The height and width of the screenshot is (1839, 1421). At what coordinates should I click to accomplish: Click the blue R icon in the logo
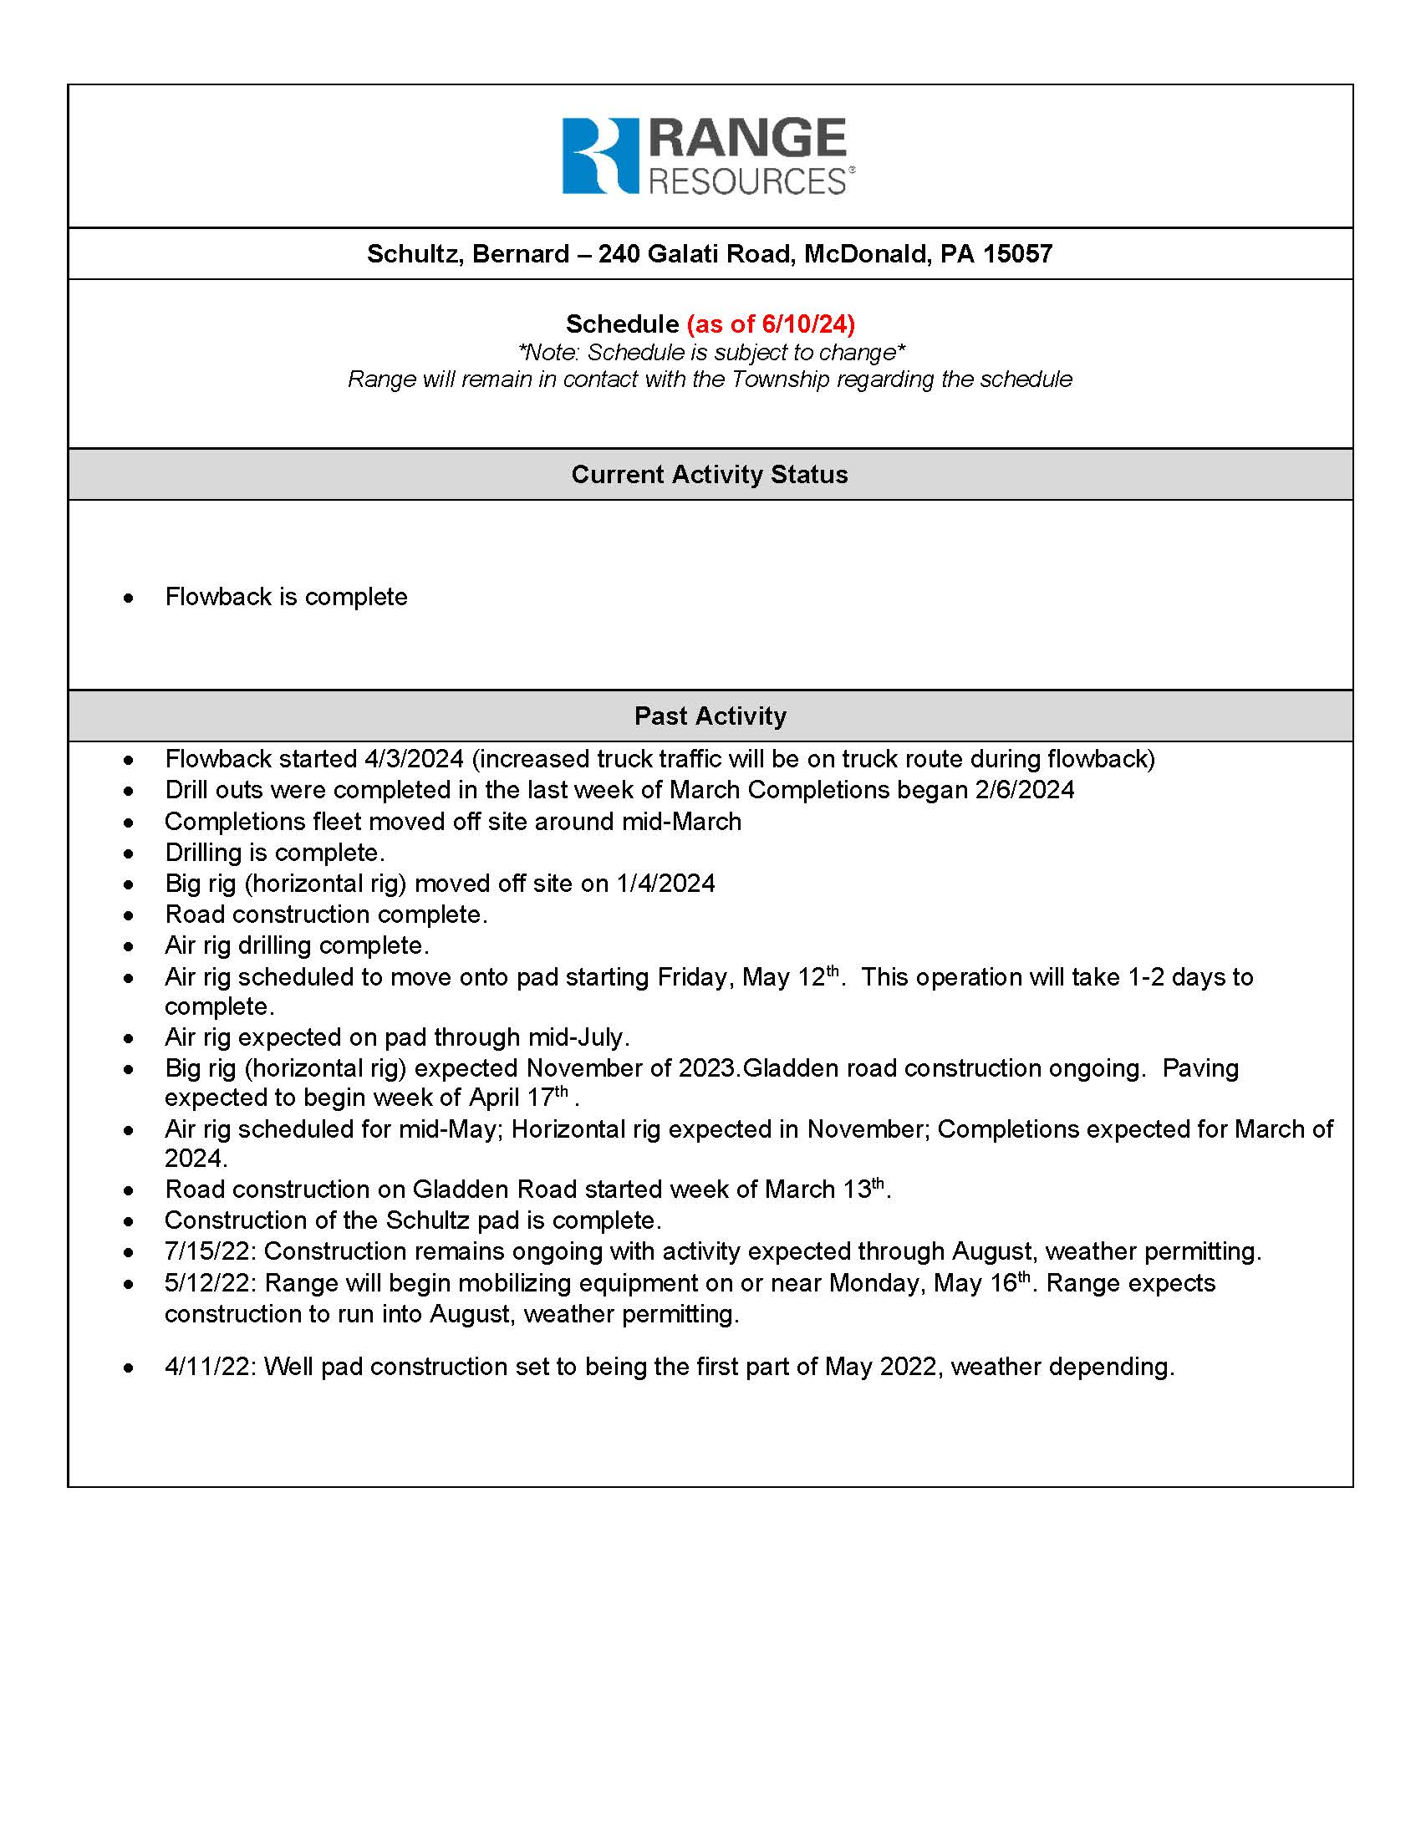tap(599, 155)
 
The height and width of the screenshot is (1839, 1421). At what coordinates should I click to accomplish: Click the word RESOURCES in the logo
tap(746, 181)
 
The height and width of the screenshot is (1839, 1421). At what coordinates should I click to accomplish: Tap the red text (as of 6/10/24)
tap(771, 323)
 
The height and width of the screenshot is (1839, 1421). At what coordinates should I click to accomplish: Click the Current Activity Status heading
tap(710, 474)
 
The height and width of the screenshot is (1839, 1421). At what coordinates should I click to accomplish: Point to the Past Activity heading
tap(710, 716)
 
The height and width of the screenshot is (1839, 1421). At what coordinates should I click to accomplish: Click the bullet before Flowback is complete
tap(128, 598)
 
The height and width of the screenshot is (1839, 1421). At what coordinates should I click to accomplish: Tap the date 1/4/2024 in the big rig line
tap(665, 884)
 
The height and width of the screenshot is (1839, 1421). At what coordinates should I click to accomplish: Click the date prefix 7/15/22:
tap(211, 1251)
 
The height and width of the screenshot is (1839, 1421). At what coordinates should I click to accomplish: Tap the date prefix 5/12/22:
tap(211, 1283)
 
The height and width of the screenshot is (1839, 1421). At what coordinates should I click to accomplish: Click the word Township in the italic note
tap(780, 379)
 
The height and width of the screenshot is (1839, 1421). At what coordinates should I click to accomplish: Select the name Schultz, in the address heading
tap(415, 253)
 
